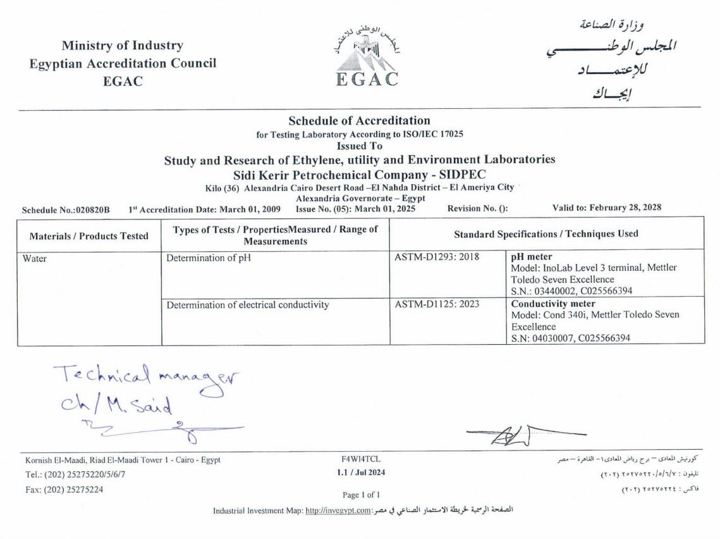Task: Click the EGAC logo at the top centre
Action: (367, 58)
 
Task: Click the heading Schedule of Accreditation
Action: (359, 120)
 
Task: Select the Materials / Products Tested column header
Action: (89, 236)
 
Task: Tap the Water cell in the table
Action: (35, 258)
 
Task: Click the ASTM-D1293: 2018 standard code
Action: (437, 257)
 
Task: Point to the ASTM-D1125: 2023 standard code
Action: (437, 304)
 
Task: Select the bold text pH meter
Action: (532, 257)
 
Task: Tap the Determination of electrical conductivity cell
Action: (248, 305)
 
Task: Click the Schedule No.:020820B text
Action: (66, 209)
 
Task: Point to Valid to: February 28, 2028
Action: (607, 208)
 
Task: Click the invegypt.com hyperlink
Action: (338, 511)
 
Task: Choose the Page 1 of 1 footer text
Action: (361, 495)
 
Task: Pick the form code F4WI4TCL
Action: (360, 459)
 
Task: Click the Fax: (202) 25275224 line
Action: (64, 489)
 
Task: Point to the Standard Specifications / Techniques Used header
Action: (546, 234)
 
